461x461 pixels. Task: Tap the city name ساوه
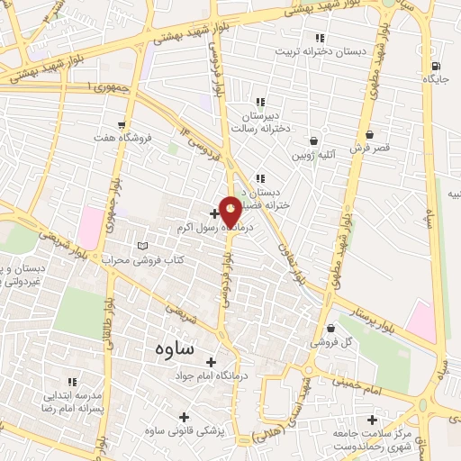[175, 347]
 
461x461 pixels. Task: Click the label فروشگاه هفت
[121, 139]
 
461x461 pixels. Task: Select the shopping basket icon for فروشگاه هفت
[121, 125]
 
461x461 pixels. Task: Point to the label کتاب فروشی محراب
[142, 260]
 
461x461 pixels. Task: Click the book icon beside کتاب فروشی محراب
[142, 246]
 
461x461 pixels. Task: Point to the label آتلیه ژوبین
[312, 155]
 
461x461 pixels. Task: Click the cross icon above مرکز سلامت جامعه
[373, 419]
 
